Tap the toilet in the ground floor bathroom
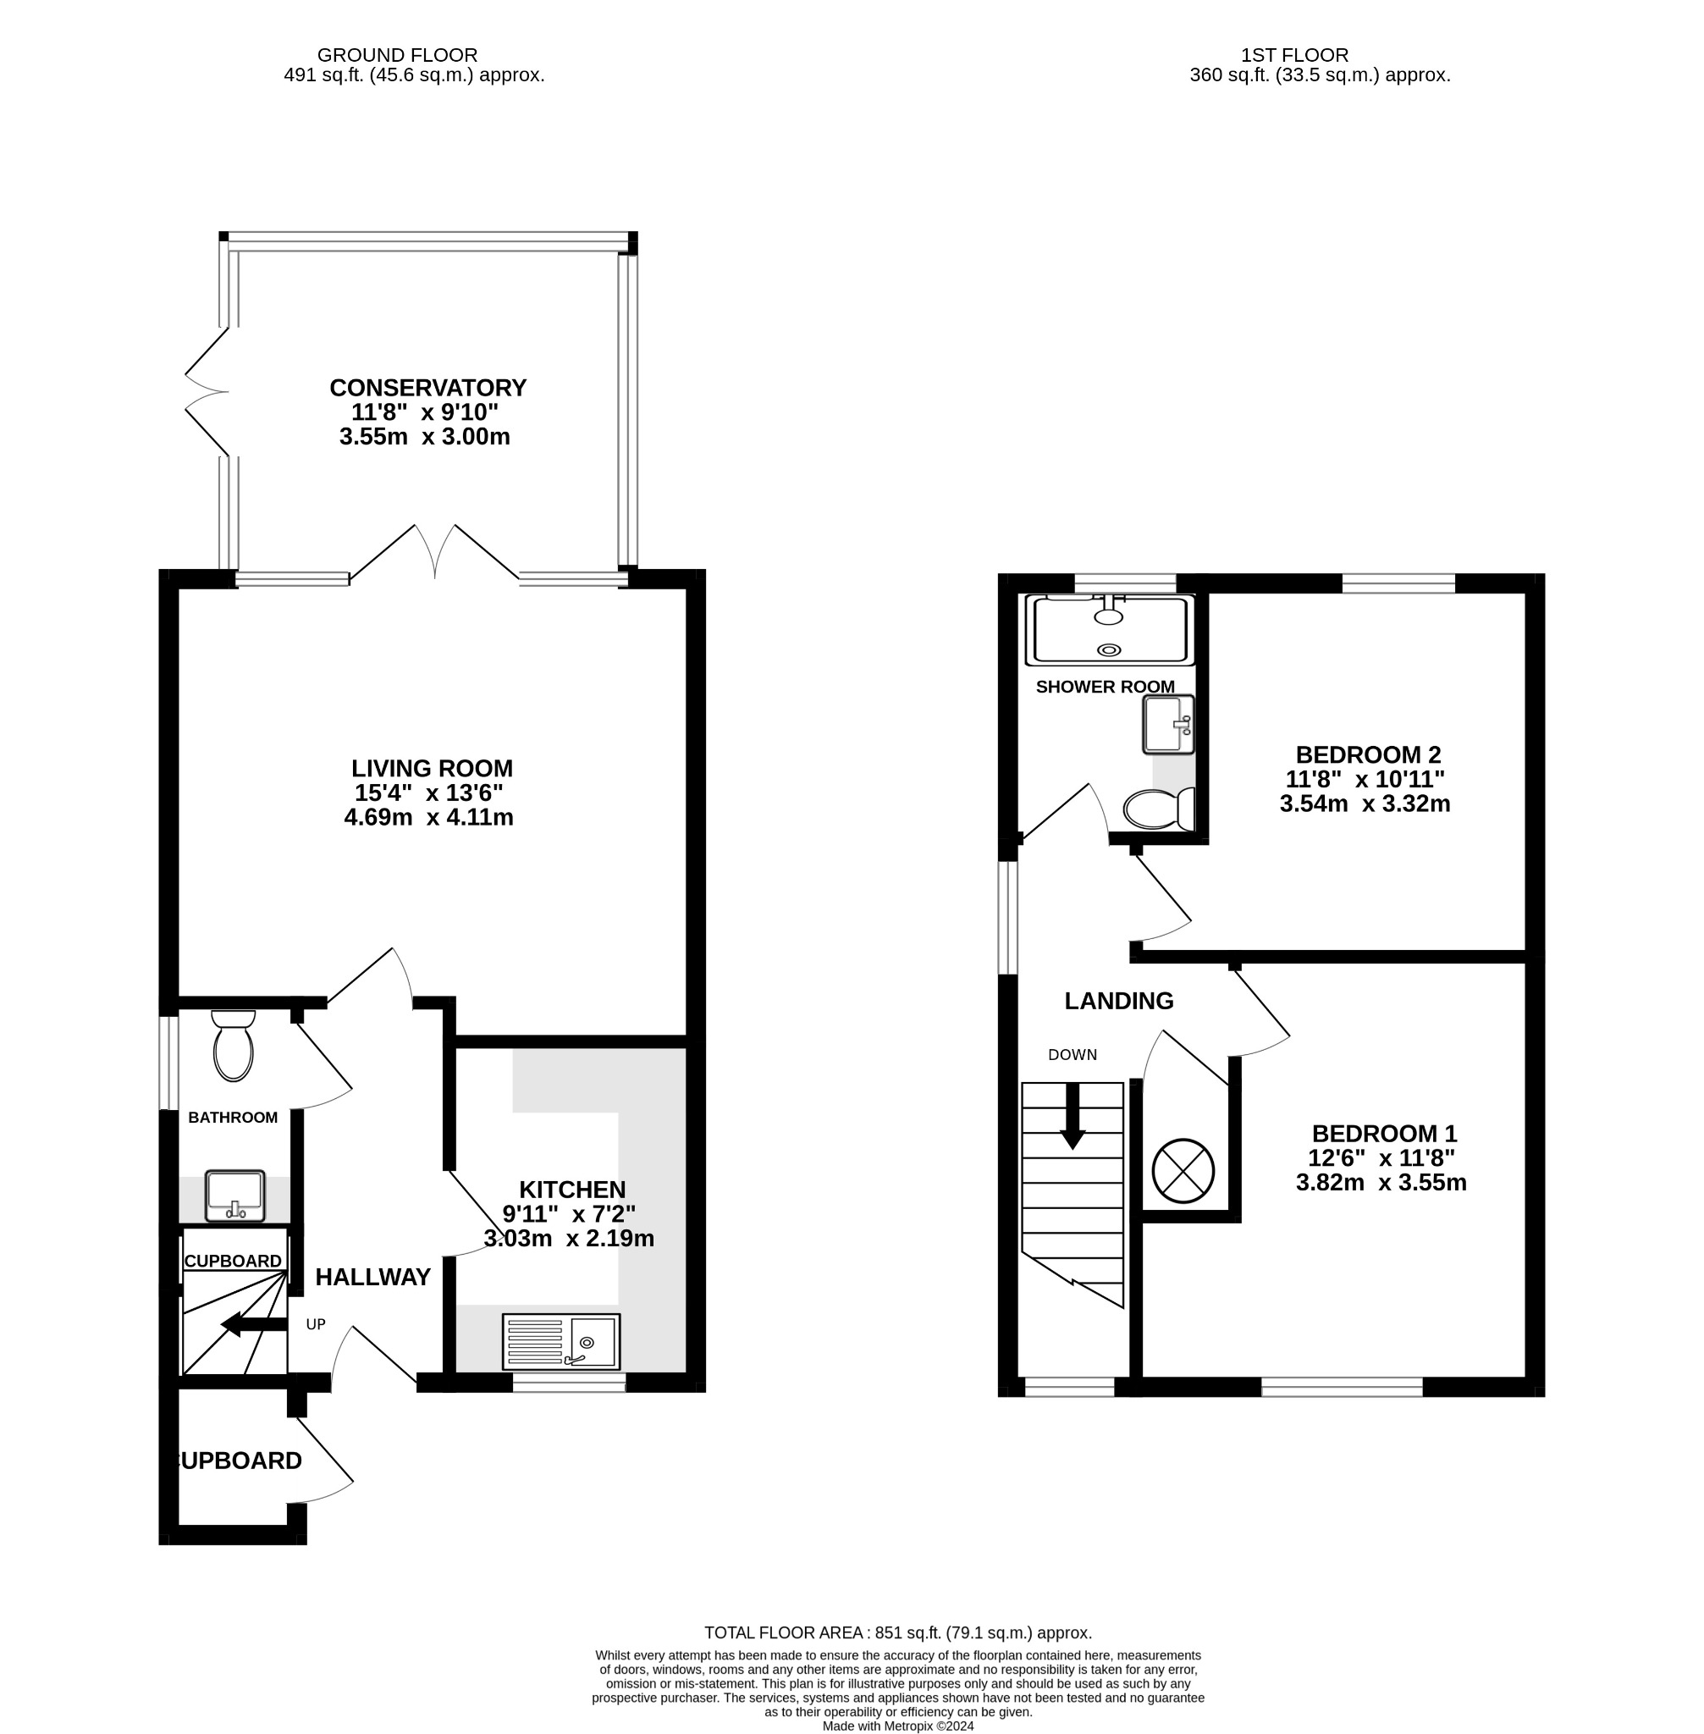click(233, 1047)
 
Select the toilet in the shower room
click(1160, 809)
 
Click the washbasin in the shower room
click(1168, 724)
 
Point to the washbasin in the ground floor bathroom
click(234, 1196)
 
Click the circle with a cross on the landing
click(1183, 1170)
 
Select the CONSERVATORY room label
click(427, 388)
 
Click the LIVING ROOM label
click(432, 768)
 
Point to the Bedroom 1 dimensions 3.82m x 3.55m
click(1381, 1183)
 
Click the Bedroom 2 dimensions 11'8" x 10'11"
click(1365, 779)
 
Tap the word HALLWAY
click(372, 1278)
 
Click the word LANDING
click(1119, 1001)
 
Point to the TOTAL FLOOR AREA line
click(897, 1632)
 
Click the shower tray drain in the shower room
click(1109, 650)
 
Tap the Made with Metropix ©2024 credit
click(897, 1726)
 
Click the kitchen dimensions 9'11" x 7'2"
click(568, 1214)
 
